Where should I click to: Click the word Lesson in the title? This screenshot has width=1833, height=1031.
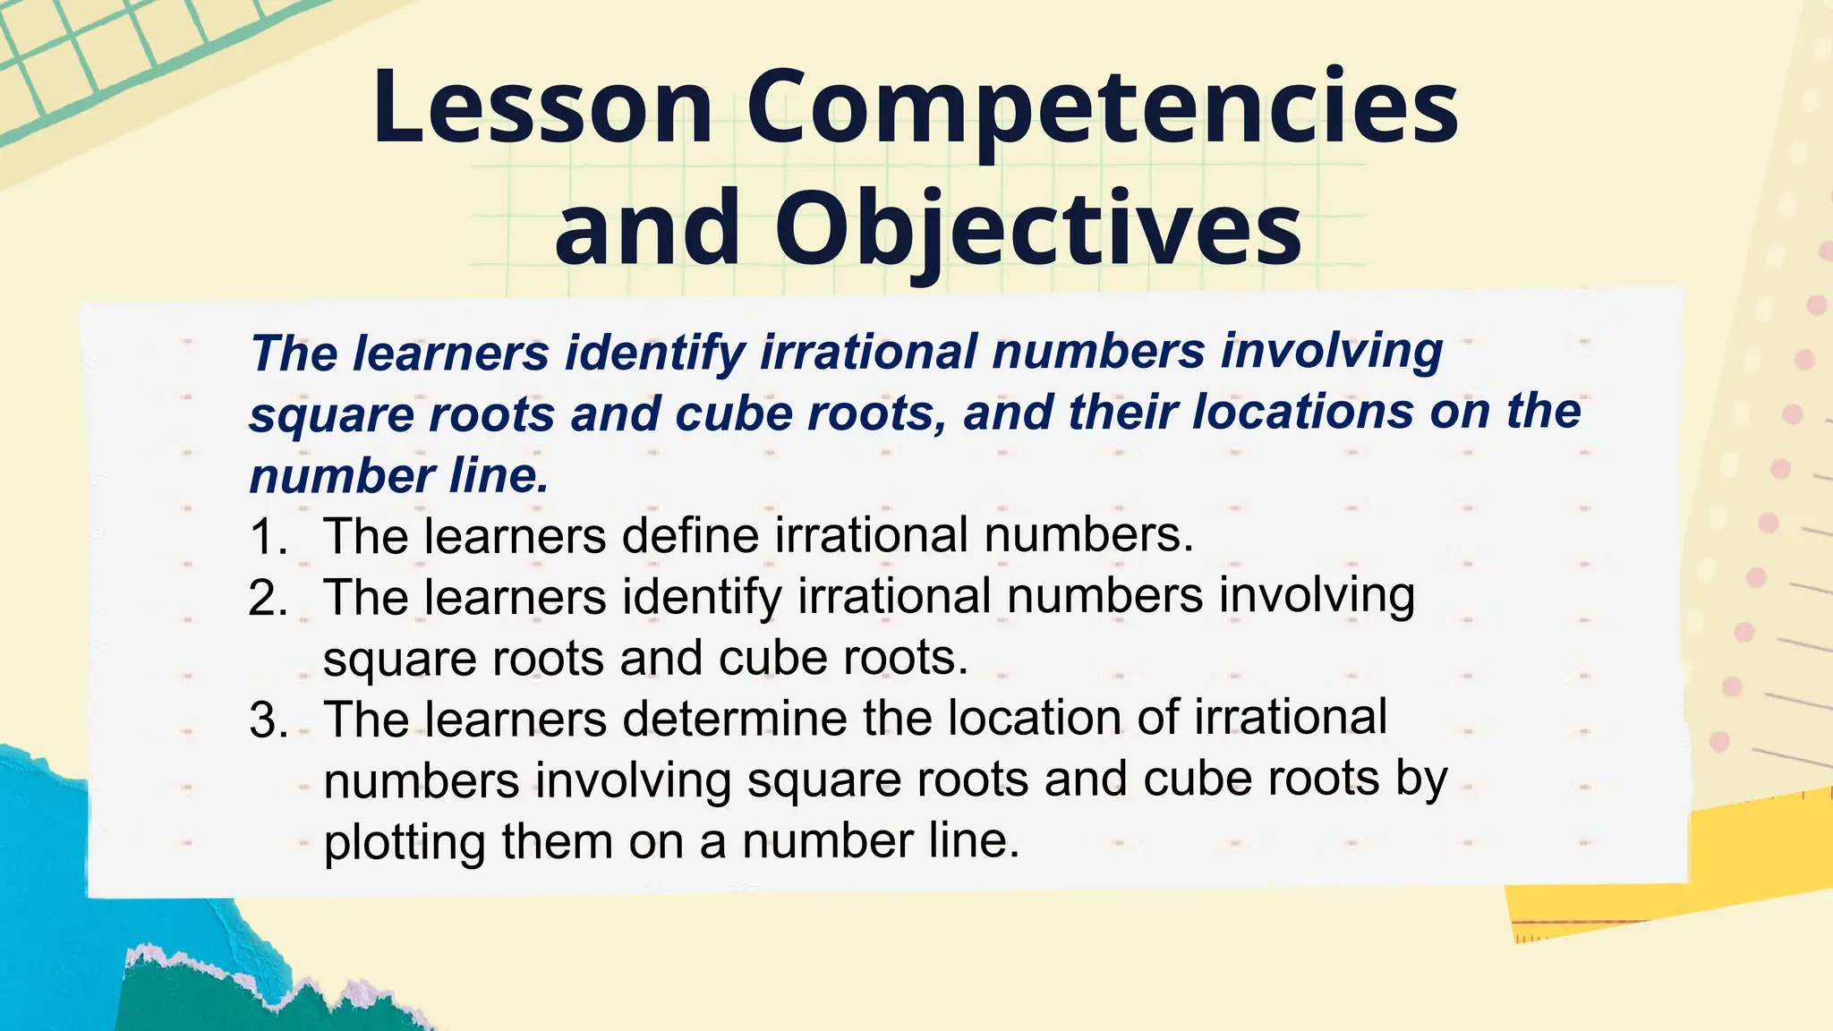coord(542,107)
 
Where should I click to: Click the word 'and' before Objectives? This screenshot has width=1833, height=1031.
coord(647,228)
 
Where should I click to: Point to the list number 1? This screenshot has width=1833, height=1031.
coord(268,537)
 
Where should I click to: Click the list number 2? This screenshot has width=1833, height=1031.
coord(268,598)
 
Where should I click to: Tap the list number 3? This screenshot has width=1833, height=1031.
coord(269,720)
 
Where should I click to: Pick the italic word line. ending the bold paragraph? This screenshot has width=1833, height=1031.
coord(498,475)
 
